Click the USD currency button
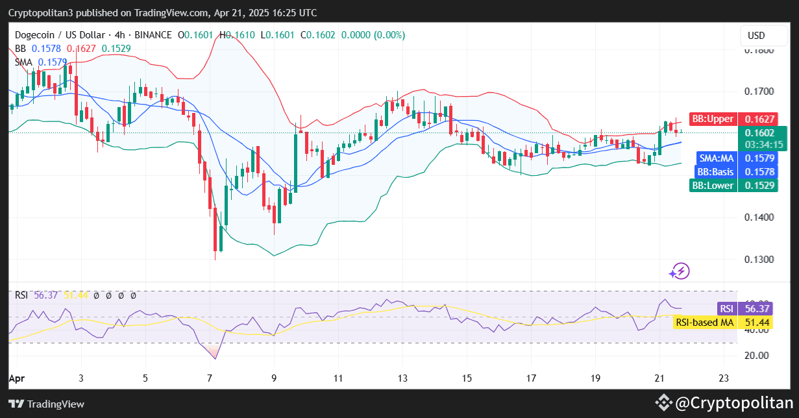tap(757, 36)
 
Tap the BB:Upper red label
tap(712, 119)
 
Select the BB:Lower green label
tap(712, 186)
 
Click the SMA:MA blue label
tap(716, 158)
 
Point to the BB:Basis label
tap(715, 172)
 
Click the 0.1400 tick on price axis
tap(759, 217)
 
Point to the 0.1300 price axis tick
tap(759, 259)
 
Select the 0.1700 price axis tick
tap(759, 92)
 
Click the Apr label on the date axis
tap(16, 377)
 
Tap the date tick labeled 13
tap(402, 377)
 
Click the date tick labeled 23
tap(724, 377)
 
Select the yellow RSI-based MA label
tap(704, 322)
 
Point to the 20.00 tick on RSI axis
tap(757, 355)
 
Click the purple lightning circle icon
tap(680, 271)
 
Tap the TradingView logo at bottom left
tap(47, 404)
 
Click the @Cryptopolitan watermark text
tap(733, 403)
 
